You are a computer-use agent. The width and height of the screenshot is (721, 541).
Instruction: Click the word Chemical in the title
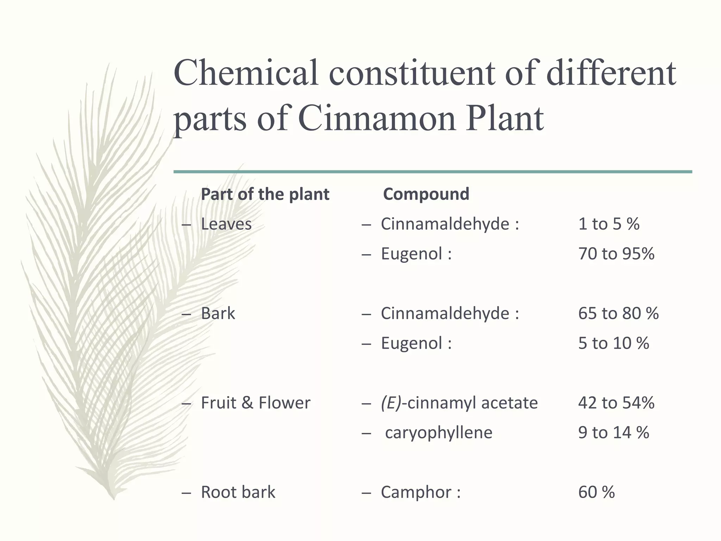click(x=246, y=73)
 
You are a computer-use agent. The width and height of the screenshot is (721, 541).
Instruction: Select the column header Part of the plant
click(x=265, y=194)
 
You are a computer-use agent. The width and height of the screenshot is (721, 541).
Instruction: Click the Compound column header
click(x=426, y=194)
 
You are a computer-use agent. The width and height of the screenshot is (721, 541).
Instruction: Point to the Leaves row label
click(x=226, y=224)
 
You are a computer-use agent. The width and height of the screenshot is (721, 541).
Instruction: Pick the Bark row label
click(x=218, y=313)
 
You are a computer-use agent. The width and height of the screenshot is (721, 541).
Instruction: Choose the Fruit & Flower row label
click(x=256, y=403)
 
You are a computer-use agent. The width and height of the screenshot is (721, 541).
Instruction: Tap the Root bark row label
click(x=238, y=492)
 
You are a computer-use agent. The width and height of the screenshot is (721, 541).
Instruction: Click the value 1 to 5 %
click(x=609, y=224)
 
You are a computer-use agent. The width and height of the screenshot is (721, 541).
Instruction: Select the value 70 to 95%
click(x=616, y=254)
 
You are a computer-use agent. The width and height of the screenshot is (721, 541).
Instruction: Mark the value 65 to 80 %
click(x=618, y=313)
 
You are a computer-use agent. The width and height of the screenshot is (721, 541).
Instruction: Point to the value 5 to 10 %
click(x=613, y=343)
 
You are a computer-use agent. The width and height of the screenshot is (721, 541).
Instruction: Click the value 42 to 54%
click(x=616, y=403)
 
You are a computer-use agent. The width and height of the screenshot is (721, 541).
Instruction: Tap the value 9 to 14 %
click(x=613, y=433)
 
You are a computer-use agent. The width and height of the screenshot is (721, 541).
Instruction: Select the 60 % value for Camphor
click(x=596, y=492)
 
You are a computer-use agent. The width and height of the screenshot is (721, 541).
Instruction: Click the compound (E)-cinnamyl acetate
click(x=459, y=403)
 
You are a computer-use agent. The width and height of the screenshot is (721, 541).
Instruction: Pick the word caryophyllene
click(x=438, y=433)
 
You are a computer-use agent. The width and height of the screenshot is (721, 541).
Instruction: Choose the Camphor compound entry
click(x=416, y=492)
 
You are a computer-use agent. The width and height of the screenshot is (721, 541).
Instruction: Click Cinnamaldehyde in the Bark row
click(x=445, y=313)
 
